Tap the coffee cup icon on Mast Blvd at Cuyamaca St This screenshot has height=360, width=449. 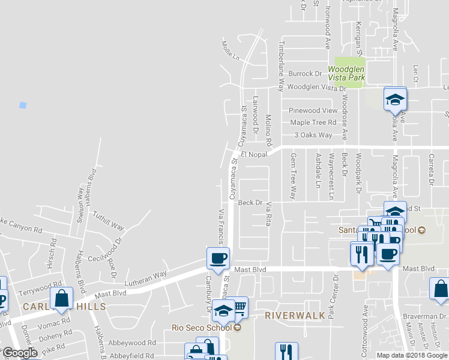[217, 258]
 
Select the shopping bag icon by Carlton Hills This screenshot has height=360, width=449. [62, 297]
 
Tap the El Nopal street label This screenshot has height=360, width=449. [253, 155]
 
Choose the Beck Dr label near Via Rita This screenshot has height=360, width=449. [250, 203]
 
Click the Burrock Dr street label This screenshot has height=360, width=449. [305, 74]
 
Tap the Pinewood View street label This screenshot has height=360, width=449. [313, 111]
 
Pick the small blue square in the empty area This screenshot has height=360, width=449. [23, 105]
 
